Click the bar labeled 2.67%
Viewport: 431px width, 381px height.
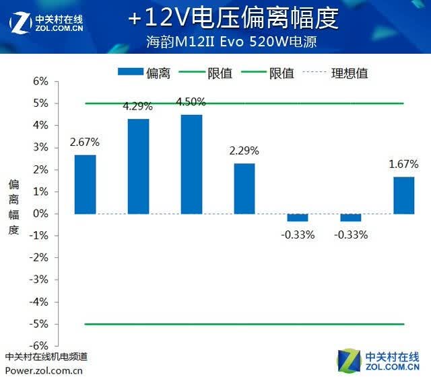click(x=86, y=184)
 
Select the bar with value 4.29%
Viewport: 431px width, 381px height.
click(x=139, y=166)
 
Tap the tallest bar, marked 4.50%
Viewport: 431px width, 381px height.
click(x=191, y=165)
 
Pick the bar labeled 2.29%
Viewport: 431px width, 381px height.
click(x=244, y=189)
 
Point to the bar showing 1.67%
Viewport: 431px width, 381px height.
click(x=404, y=196)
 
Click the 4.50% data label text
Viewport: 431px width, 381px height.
click(x=191, y=101)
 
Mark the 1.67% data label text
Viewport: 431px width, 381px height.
click(x=403, y=164)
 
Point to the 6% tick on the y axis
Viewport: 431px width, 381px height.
click(x=40, y=81)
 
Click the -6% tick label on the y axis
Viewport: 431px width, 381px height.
click(x=39, y=345)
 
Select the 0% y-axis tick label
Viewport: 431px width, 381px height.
click(x=40, y=214)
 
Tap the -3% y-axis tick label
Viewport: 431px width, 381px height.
click(x=39, y=280)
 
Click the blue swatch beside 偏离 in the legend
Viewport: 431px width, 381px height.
click(x=131, y=72)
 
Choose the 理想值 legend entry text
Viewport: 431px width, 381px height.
click(x=350, y=73)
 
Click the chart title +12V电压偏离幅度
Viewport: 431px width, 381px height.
click(x=233, y=18)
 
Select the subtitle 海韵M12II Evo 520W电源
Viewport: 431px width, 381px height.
click(x=232, y=42)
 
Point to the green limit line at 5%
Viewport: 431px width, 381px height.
click(x=244, y=103)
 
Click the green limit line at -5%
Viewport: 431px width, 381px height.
click(x=244, y=324)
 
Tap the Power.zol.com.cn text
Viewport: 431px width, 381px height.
click(x=44, y=371)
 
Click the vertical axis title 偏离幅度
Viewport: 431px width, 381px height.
click(x=13, y=207)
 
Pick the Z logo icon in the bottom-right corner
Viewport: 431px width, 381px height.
click(x=349, y=361)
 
